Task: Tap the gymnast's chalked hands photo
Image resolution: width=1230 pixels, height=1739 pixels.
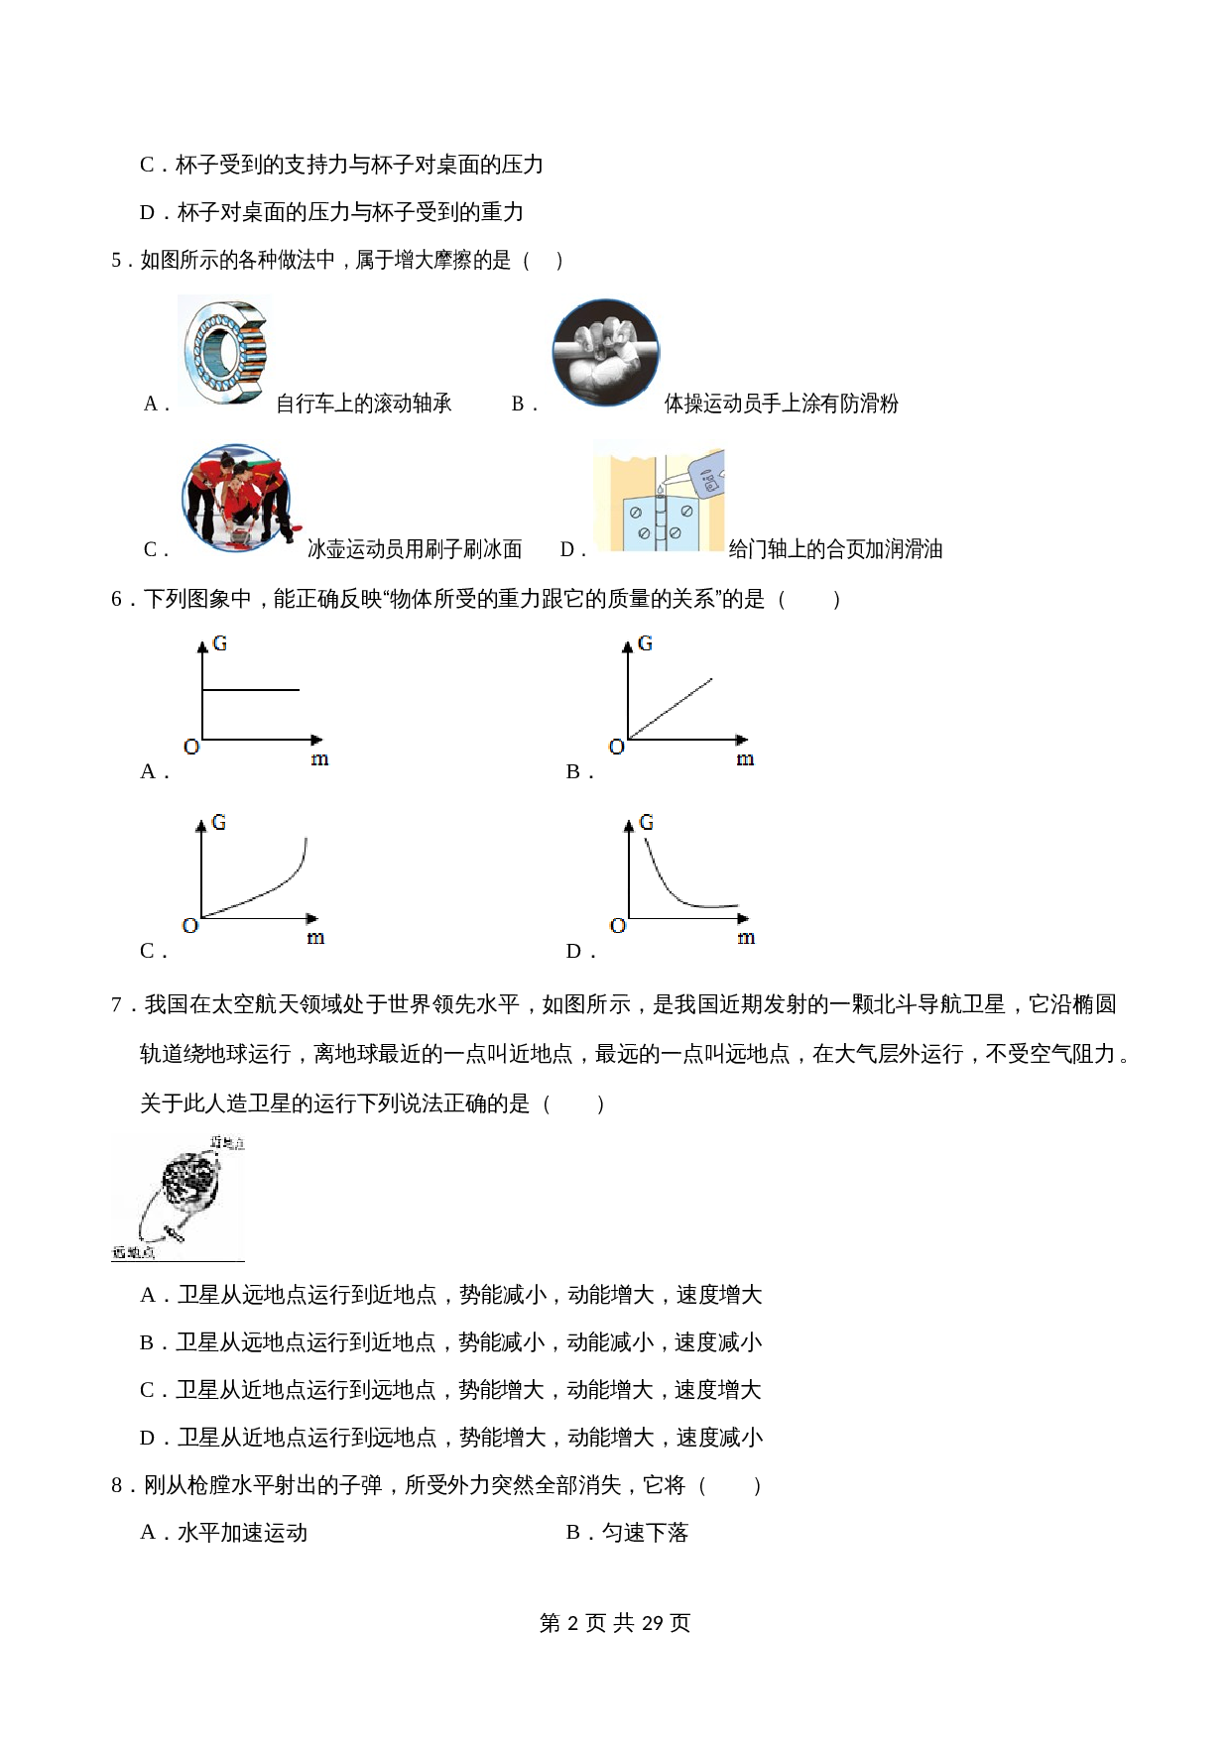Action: [x=605, y=353]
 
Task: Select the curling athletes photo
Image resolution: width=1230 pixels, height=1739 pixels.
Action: [x=238, y=497]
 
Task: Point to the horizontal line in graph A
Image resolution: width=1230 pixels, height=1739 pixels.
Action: [x=251, y=689]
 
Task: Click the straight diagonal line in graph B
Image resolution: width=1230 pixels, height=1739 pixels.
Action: [x=672, y=708]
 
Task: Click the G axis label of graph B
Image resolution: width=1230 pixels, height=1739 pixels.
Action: [x=645, y=643]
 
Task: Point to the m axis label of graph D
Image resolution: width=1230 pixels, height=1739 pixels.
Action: [x=746, y=938]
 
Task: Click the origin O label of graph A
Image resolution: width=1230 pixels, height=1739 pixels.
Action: [x=191, y=747]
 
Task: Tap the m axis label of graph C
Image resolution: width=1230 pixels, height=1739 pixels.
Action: [x=315, y=938]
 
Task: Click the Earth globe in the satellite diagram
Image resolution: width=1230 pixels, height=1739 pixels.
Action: [x=188, y=1180]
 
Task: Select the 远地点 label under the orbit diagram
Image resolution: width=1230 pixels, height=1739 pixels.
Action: [x=133, y=1252]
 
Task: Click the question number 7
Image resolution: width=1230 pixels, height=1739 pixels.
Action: [x=117, y=1004]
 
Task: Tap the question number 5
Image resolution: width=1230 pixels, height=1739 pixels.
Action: [x=117, y=261]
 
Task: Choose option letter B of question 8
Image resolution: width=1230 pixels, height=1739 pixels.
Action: [x=573, y=1533]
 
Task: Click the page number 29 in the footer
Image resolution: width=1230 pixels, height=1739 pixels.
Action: [x=652, y=1623]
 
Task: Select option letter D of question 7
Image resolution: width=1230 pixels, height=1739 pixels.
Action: [x=148, y=1438]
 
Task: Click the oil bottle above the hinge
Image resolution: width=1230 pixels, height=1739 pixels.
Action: [x=706, y=471]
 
